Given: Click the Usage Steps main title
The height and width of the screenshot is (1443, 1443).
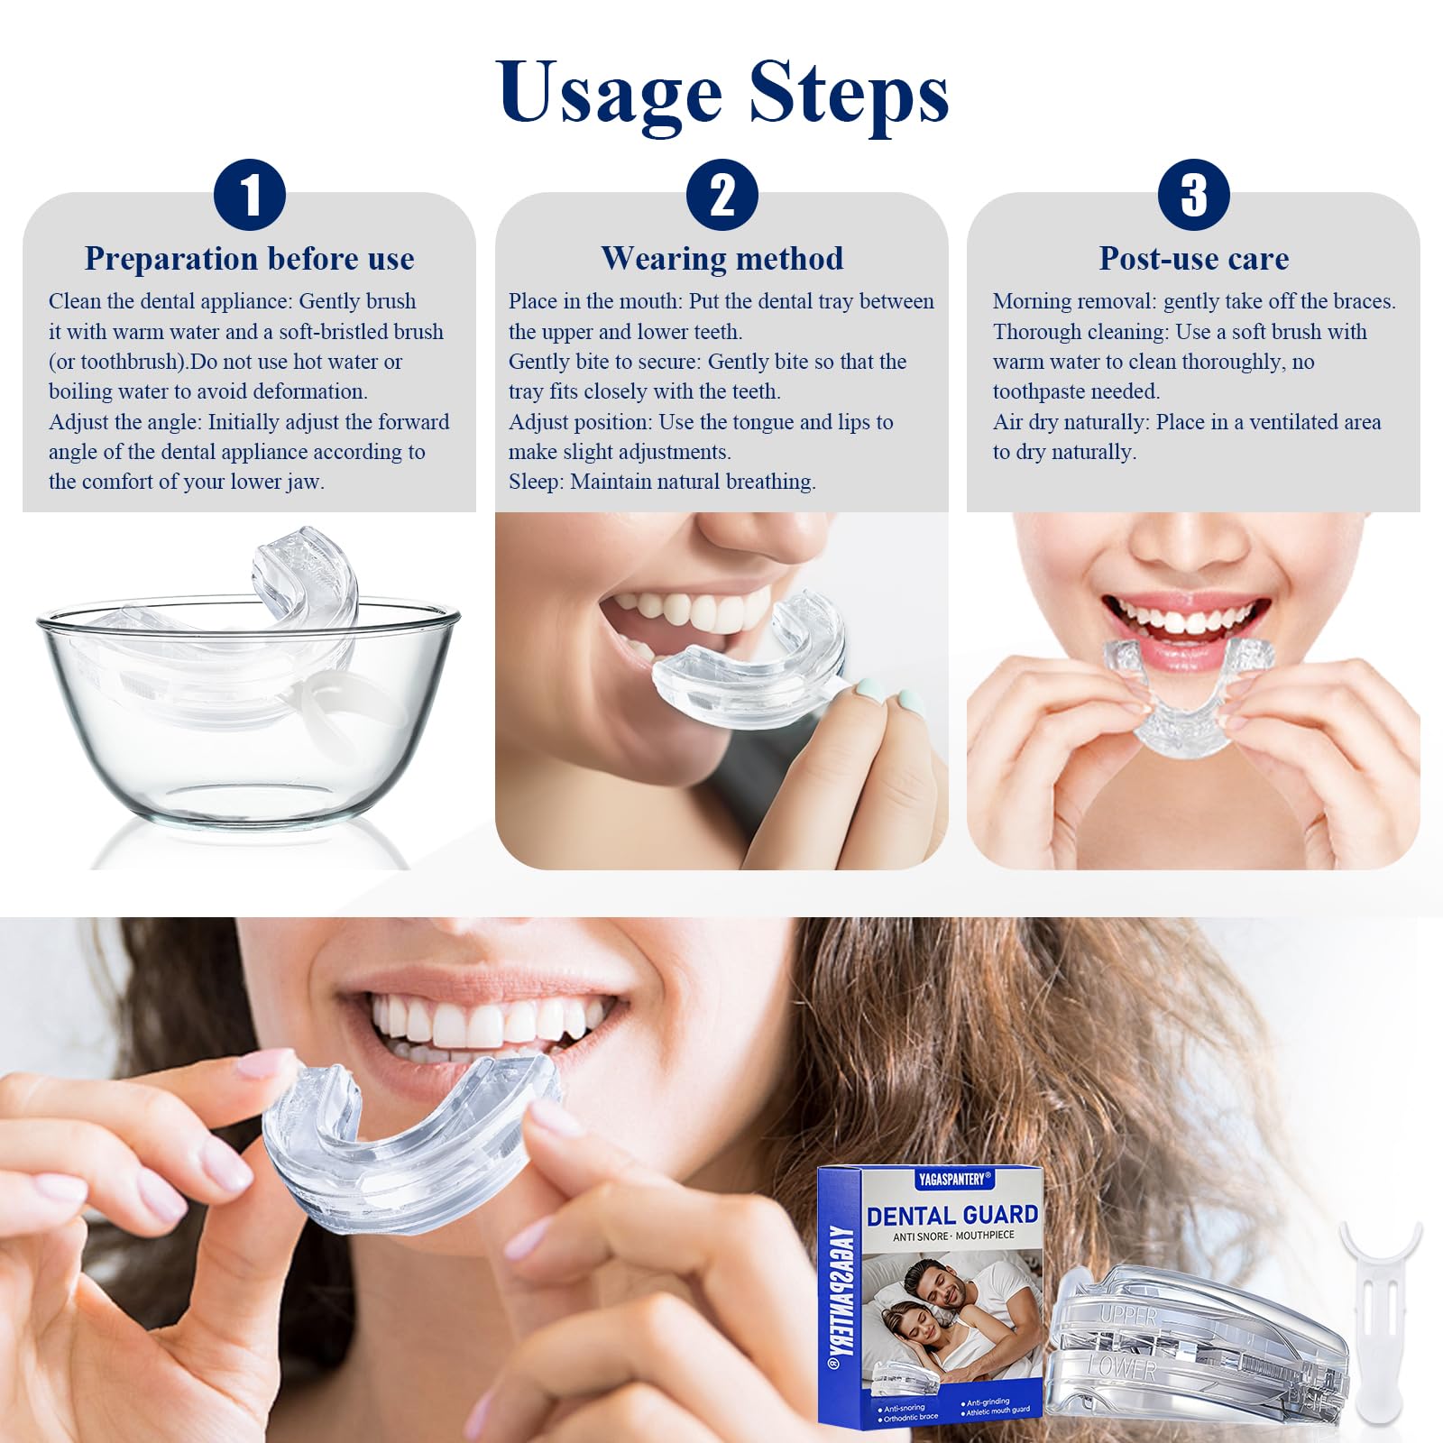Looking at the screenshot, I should (721, 93).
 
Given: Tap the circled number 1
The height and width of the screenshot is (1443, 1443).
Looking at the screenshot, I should (250, 195).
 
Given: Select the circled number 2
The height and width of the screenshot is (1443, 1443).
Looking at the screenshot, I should (721, 195).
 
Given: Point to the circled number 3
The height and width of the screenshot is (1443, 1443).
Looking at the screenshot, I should (1193, 195).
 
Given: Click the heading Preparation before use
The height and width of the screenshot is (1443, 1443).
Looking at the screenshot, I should (249, 259).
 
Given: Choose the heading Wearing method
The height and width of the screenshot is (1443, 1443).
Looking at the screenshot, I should (721, 259).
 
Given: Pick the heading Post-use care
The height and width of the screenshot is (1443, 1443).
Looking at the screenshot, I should (1193, 259).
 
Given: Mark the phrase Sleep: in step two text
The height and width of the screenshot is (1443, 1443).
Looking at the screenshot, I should (537, 483).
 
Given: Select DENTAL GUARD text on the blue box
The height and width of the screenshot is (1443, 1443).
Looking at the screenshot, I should (952, 1216).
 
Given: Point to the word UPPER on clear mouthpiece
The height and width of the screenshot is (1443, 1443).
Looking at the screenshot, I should (1127, 1316).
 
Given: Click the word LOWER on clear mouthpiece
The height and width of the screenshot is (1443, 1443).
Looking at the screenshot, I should (1122, 1368).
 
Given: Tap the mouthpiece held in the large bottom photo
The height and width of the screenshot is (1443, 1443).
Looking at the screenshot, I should (406, 1145).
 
